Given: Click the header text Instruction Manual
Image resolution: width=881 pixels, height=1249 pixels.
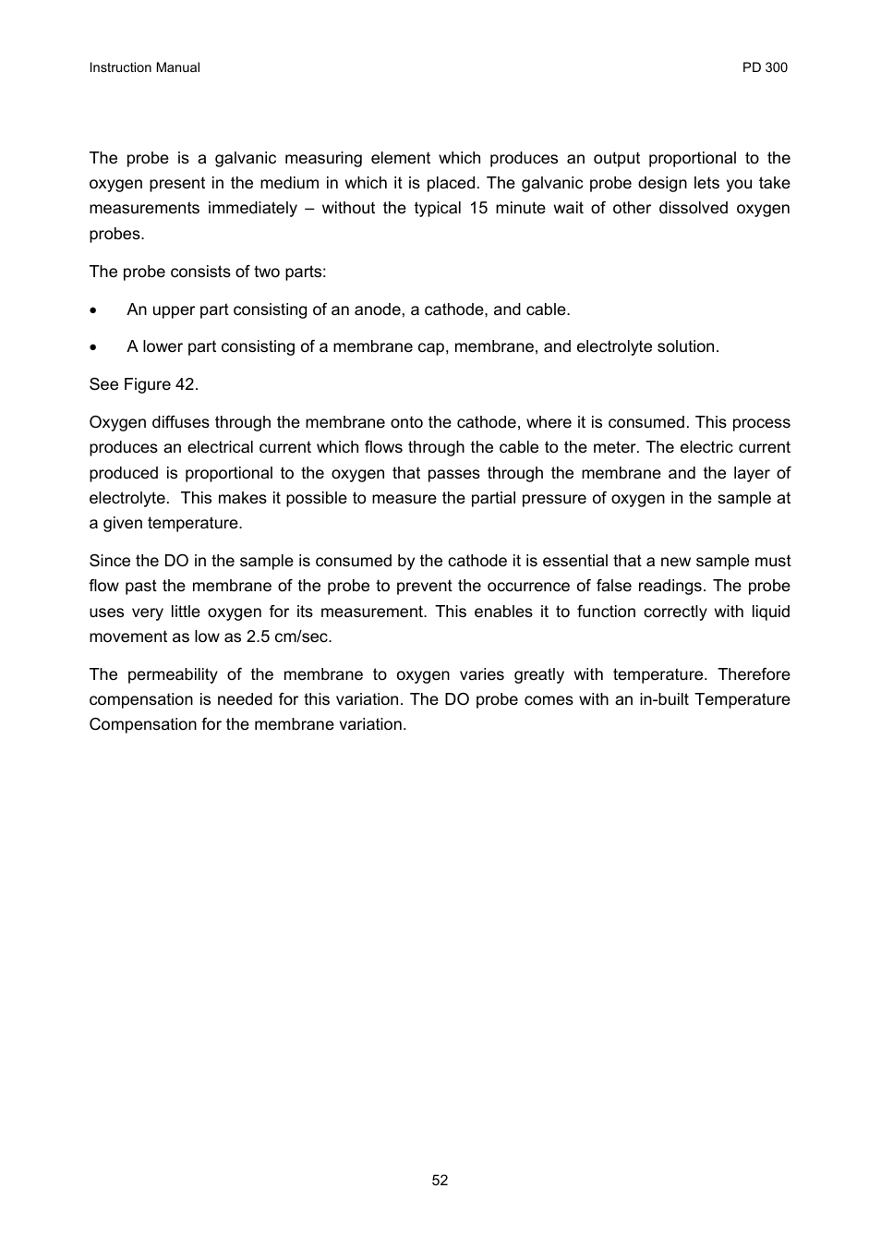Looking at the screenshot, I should tap(144, 67).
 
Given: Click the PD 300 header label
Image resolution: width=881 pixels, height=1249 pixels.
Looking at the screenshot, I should tap(765, 67).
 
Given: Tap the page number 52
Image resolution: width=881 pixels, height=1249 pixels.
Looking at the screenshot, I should tap(440, 1181).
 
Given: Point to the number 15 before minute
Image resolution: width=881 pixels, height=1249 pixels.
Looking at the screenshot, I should tap(477, 208).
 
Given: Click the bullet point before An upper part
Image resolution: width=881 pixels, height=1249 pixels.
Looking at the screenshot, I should tap(93, 311).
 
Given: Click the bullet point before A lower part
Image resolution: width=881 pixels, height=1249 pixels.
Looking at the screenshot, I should tap(93, 348).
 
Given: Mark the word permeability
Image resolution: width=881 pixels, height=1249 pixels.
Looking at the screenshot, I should tap(172, 674).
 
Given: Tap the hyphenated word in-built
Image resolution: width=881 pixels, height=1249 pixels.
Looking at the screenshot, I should tap(664, 699).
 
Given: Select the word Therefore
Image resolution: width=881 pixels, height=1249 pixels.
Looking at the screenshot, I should tap(754, 674).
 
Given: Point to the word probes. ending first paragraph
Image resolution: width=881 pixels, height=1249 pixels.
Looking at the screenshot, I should tap(116, 234).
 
